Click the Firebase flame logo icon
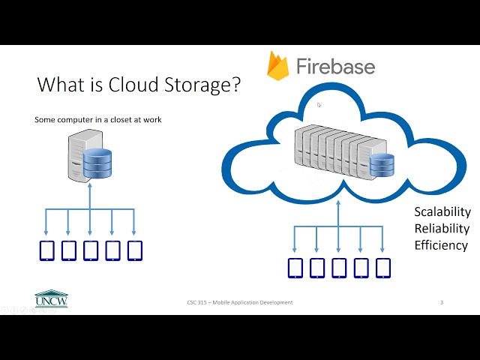tap(279, 66)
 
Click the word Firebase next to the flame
tap(334, 67)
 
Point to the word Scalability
tap(442, 212)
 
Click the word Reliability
tap(442, 229)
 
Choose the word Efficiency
tap(441, 245)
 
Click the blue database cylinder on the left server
tap(97, 164)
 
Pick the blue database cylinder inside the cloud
tap(382, 165)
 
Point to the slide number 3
tap(442, 302)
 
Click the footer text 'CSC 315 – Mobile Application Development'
tap(240, 302)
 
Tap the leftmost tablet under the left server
tap(47, 250)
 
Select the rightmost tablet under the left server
tap(135, 250)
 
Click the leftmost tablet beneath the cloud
tap(295, 267)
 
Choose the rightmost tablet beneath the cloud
tap(383, 267)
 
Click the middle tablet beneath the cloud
tap(339, 267)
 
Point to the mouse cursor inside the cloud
tap(319, 106)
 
